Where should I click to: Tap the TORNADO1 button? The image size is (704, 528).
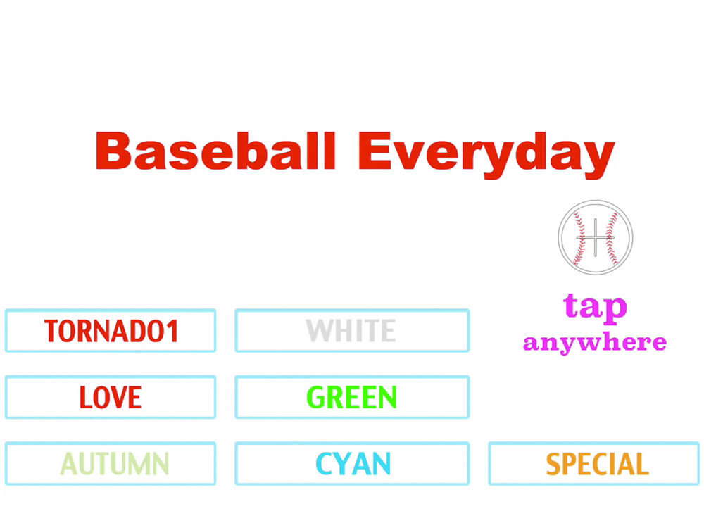point(111,330)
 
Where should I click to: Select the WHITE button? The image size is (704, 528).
point(352,330)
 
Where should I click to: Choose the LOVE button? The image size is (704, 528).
point(111,397)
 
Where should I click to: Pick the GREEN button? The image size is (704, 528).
point(352,397)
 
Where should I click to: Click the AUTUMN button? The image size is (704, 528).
point(111,463)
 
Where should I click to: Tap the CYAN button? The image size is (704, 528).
point(352,463)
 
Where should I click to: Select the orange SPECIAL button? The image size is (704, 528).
point(593,463)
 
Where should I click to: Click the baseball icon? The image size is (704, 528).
point(596,237)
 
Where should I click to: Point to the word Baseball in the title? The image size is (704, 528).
point(215,151)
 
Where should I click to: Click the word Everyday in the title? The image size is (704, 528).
point(486,155)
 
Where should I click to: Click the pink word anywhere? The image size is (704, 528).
point(595,343)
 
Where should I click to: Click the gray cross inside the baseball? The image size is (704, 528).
point(596,237)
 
